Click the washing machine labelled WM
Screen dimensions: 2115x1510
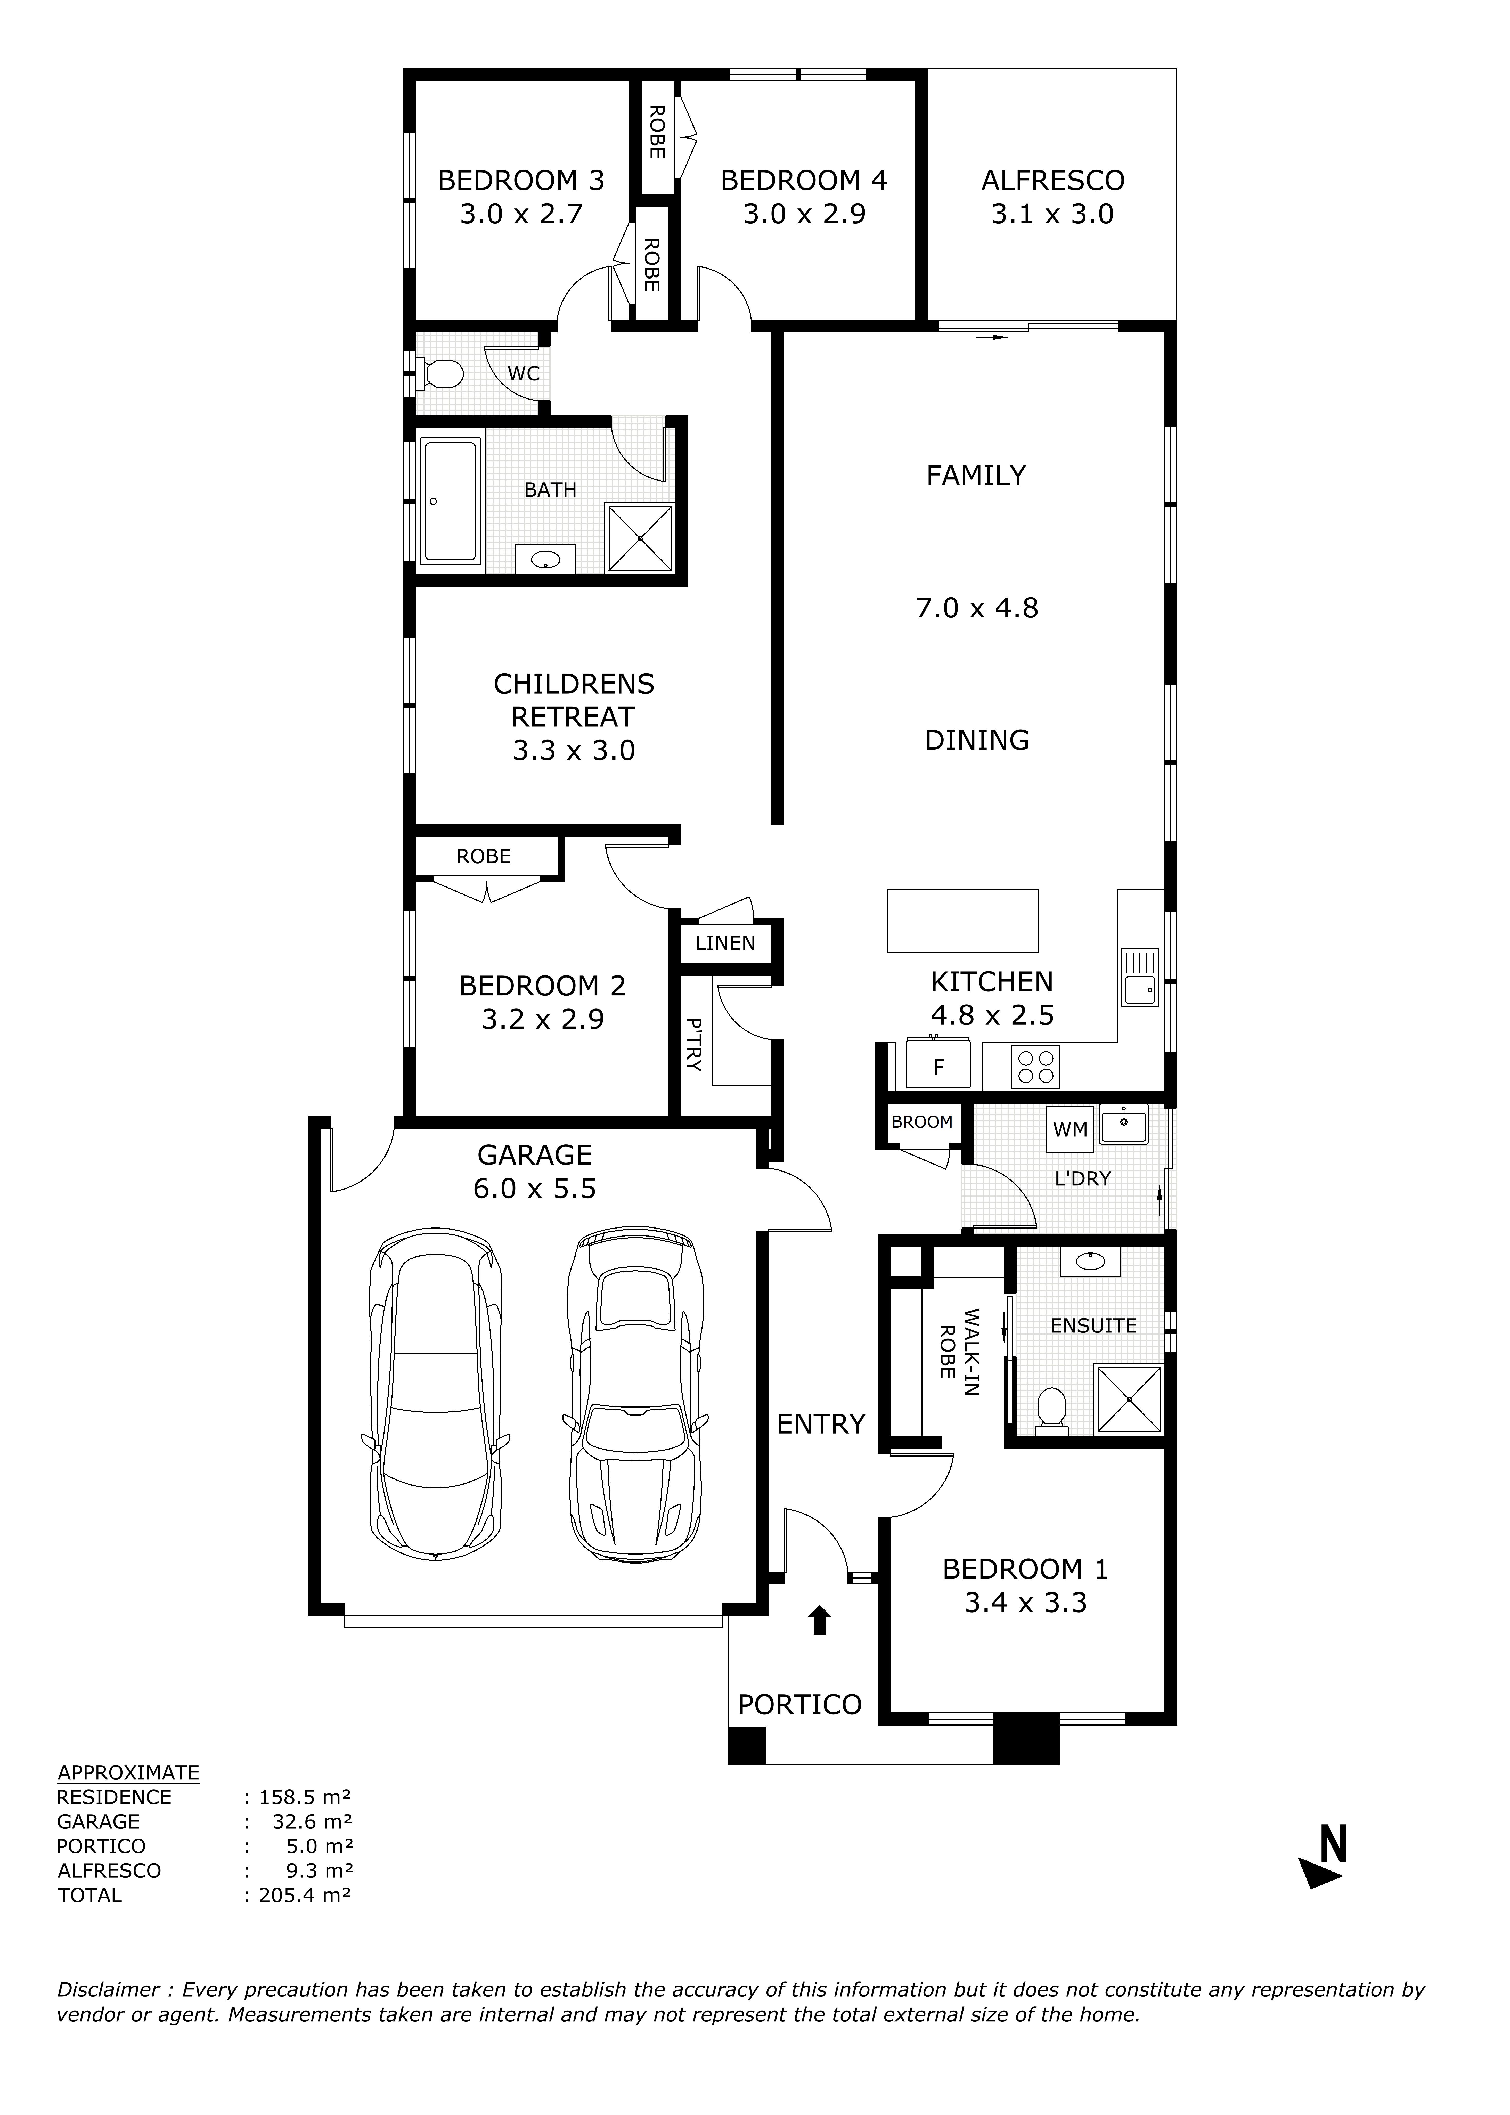1070,1129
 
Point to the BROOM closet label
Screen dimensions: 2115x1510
921,1122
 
